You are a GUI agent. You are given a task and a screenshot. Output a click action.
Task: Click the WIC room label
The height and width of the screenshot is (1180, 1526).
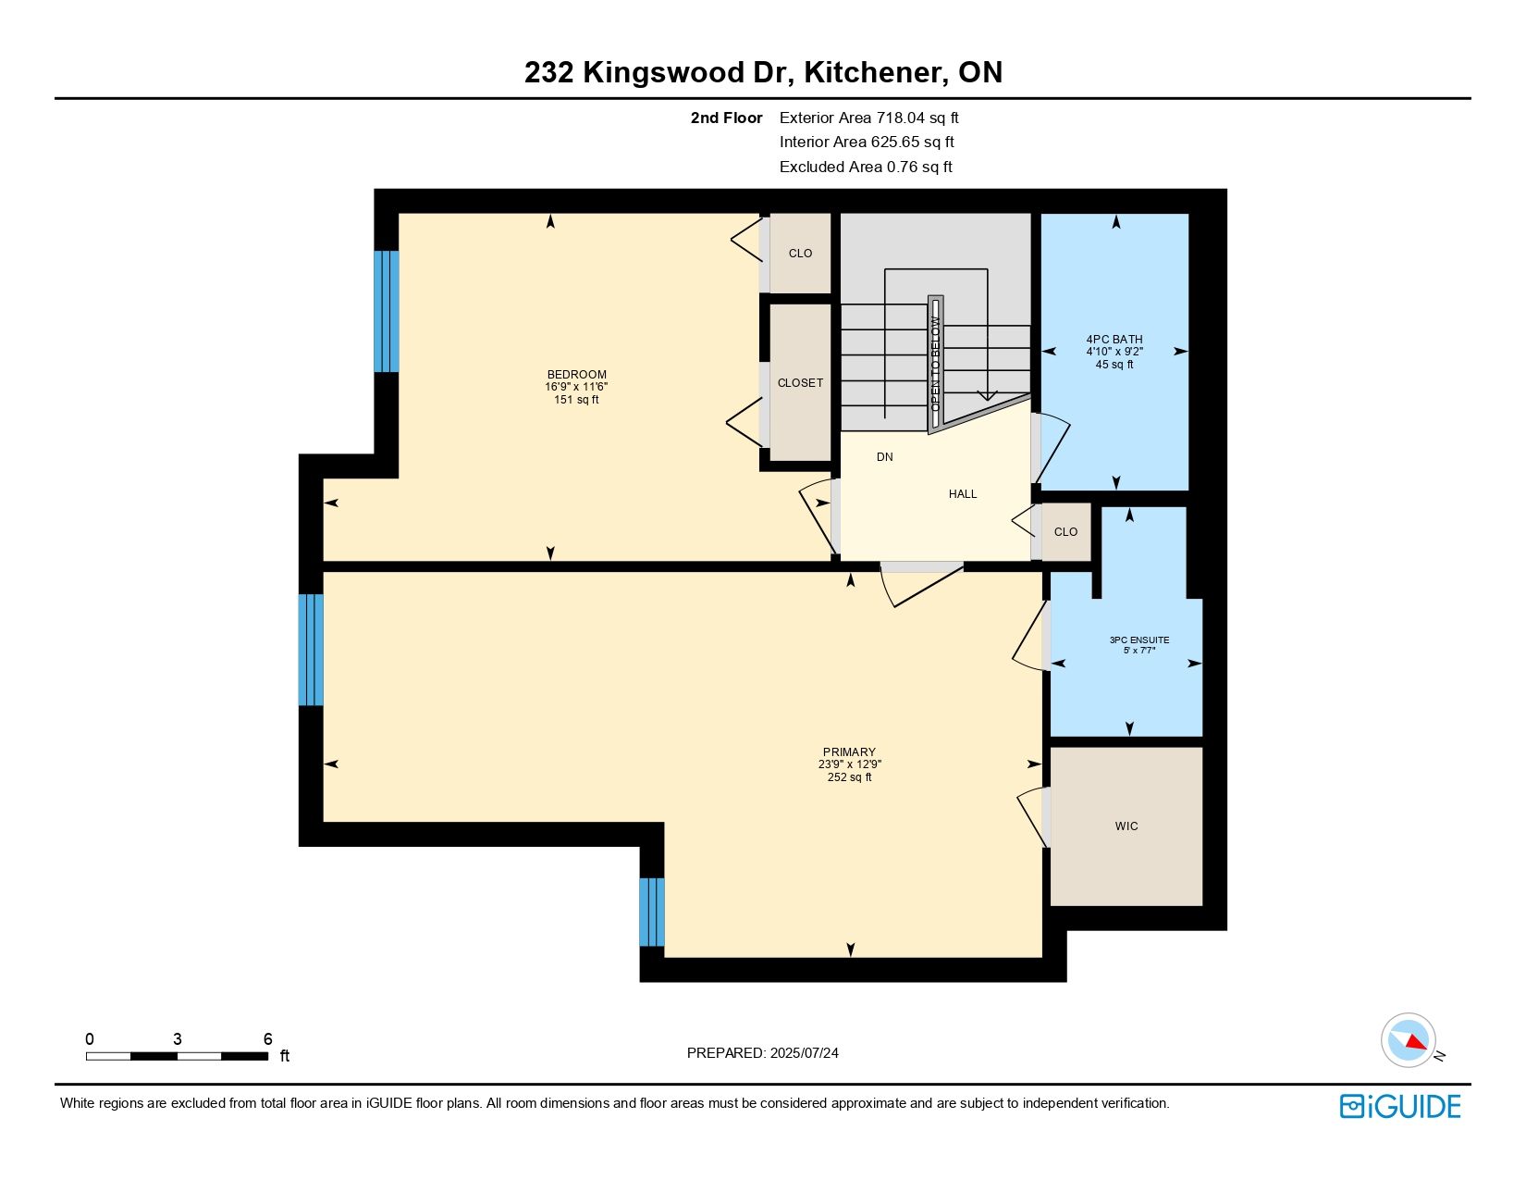1126,826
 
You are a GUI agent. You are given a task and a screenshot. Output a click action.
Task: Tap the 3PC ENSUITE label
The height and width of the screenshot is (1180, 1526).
1139,640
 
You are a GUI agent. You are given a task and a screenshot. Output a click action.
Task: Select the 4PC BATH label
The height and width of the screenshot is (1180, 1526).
1114,339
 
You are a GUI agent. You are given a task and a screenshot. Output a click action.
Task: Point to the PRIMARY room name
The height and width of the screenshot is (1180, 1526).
849,751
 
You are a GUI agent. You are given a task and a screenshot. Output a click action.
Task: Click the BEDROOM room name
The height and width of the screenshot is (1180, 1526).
576,375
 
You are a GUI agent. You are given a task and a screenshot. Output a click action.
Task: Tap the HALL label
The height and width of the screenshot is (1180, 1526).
962,494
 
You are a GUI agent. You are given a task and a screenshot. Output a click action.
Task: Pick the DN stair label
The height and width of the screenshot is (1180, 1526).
884,457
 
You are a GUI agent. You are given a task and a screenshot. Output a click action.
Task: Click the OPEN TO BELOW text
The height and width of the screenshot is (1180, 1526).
935,364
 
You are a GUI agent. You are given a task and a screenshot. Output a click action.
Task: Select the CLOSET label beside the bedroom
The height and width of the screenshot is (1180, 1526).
800,383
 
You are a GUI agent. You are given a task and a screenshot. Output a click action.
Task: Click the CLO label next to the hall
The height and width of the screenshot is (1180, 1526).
1065,532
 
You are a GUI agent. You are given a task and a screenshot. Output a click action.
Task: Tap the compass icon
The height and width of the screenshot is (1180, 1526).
1409,1040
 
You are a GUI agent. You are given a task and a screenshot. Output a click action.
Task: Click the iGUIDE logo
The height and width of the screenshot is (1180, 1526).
1399,1106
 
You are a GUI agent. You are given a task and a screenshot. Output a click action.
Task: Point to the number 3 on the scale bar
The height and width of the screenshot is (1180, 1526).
177,1038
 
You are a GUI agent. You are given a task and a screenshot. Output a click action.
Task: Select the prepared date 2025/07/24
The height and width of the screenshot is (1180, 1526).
804,1053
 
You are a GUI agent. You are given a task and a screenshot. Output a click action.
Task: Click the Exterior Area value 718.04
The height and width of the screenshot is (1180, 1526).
900,118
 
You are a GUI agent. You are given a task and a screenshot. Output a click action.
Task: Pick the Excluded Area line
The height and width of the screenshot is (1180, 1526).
865,167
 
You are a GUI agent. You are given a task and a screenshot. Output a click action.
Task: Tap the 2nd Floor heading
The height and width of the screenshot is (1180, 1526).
726,118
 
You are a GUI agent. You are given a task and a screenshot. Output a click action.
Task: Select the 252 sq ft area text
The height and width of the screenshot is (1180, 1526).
849,777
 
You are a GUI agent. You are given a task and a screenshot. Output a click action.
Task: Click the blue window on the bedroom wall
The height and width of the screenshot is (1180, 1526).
387,311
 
